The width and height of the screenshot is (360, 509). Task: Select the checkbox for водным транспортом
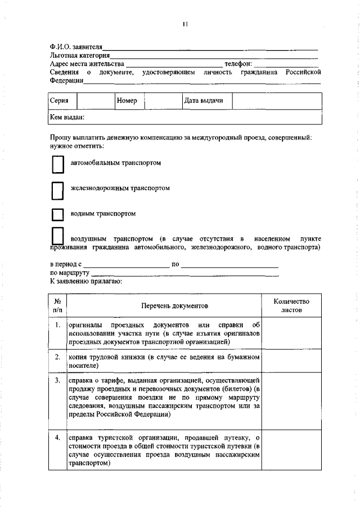(57, 214)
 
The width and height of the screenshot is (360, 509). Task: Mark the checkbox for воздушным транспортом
(57, 237)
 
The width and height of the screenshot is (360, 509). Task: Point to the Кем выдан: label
(67, 117)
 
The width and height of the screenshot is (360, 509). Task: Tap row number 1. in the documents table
(58, 326)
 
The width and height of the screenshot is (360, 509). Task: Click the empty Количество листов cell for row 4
(291, 457)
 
